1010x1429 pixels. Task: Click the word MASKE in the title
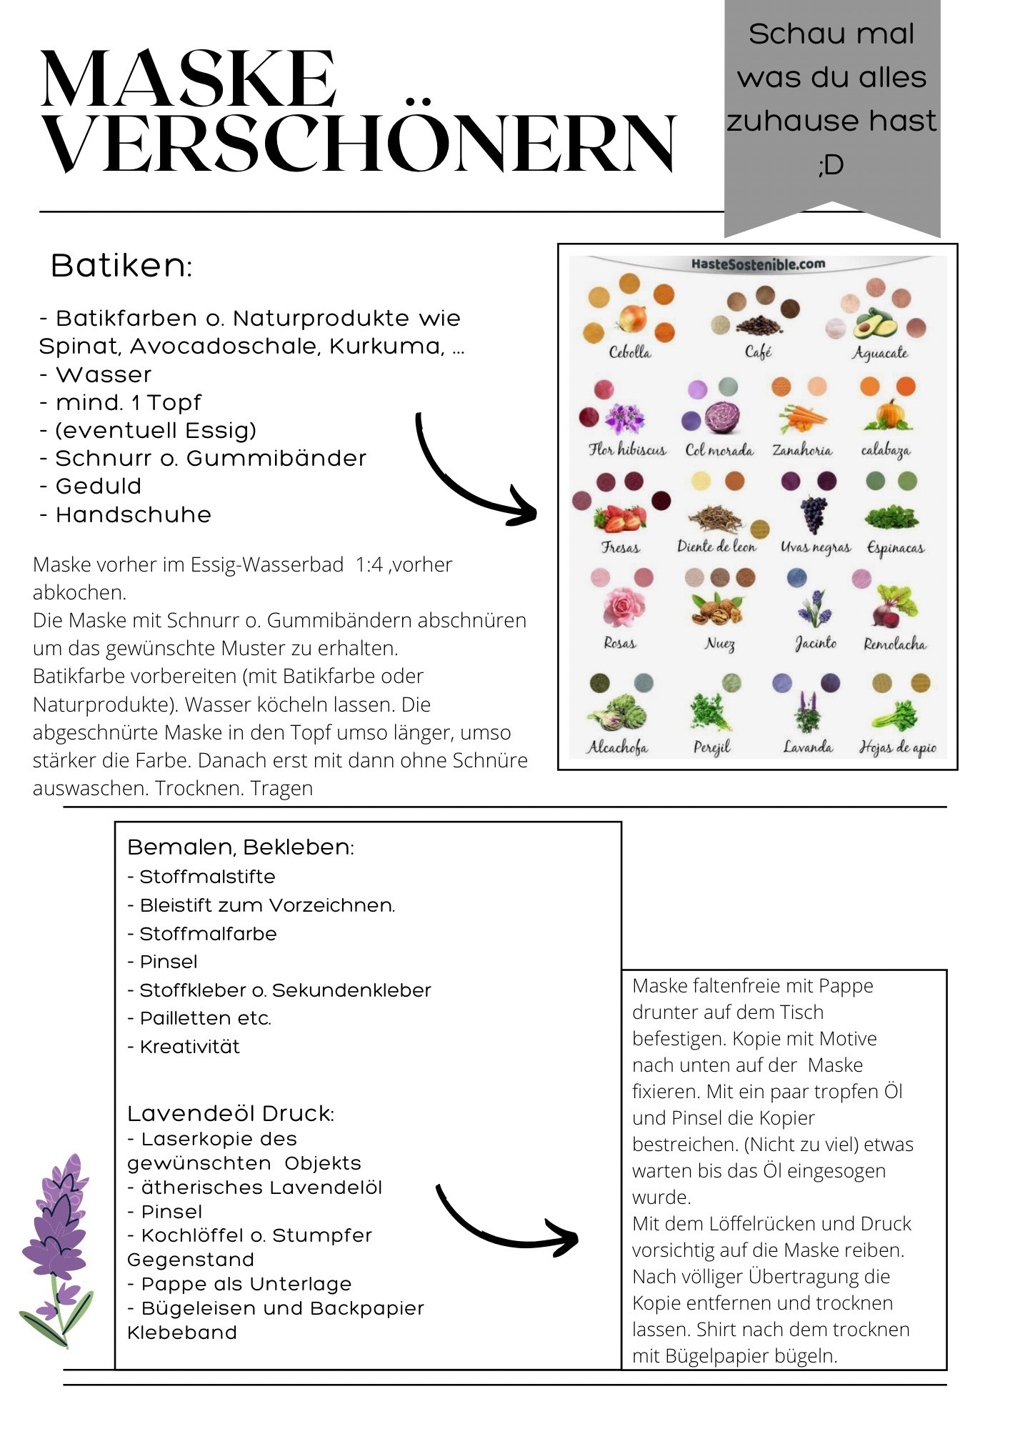point(189,80)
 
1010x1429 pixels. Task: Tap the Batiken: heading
point(121,266)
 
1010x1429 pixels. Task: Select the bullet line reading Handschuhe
point(126,514)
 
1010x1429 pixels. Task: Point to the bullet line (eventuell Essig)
point(148,430)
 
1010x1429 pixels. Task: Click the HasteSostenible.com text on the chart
point(758,264)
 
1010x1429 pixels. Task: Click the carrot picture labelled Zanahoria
point(801,419)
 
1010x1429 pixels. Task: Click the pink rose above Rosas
point(624,607)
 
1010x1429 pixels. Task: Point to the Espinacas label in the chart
point(895,548)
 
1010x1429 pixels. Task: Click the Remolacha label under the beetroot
point(894,644)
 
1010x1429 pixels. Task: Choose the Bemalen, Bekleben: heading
point(241,847)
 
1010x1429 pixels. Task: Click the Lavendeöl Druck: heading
point(231,1113)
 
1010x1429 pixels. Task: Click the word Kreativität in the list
point(189,1047)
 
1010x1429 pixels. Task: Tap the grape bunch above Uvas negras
point(814,514)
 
